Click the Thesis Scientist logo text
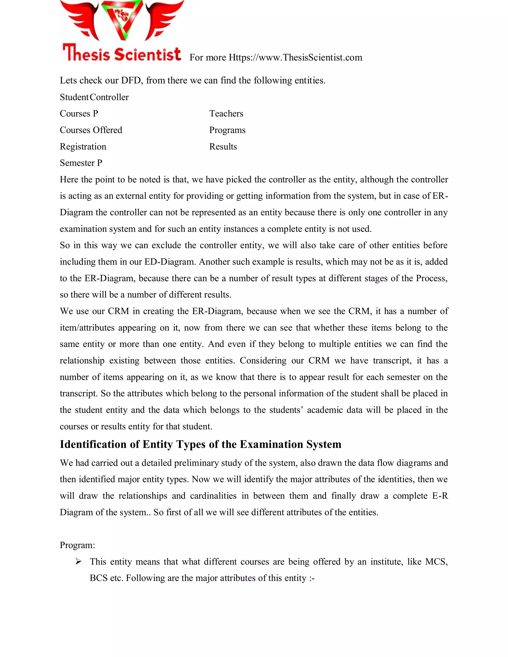point(122,54)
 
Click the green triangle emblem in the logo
point(122,19)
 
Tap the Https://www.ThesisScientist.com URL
point(295,58)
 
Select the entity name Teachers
point(226,114)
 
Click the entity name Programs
point(227,130)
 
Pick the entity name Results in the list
point(223,147)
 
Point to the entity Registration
point(83,147)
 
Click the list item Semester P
point(81,163)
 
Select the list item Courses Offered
point(91,130)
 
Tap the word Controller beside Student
point(109,97)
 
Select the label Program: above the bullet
point(77,545)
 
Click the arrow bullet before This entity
point(78,561)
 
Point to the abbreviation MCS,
point(436,562)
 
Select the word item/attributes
point(87,328)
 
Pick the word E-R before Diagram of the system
point(440,496)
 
